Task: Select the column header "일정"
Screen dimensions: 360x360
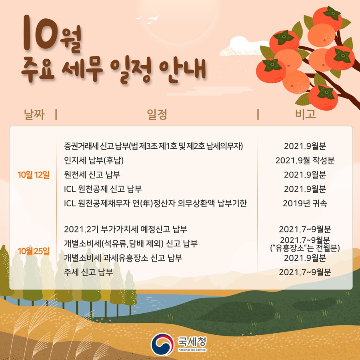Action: coord(157,115)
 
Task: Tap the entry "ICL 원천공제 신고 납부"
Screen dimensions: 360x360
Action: coord(103,189)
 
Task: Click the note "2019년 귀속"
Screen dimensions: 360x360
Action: coord(305,203)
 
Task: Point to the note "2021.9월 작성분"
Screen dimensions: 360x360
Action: coord(305,161)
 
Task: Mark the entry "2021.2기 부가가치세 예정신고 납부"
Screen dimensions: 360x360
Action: coord(126,230)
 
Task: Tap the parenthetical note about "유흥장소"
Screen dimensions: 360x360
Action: coord(305,248)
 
